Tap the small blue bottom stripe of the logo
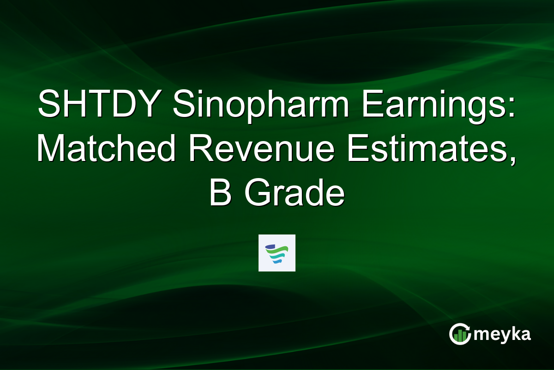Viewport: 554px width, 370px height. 277,262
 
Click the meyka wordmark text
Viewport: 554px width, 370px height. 503,334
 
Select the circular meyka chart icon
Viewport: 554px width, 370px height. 460,334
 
